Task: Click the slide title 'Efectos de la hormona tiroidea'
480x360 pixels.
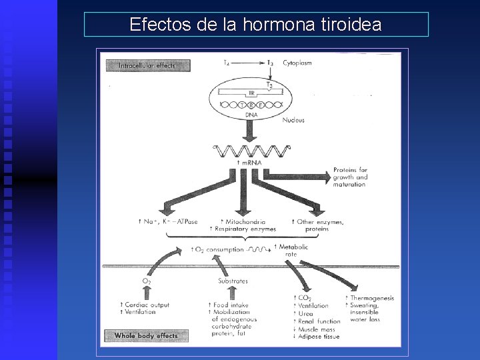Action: point(255,25)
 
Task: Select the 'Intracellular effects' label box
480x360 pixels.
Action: point(145,65)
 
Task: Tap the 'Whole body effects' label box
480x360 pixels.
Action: point(146,335)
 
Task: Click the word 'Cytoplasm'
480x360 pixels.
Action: point(297,63)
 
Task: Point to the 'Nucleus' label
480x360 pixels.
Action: point(293,120)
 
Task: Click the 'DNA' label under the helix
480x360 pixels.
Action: point(251,115)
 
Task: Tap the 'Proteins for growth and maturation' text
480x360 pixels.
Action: point(351,177)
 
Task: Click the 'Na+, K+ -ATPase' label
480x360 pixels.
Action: point(165,221)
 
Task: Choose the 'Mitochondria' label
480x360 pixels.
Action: point(245,221)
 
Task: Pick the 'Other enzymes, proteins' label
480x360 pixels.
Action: point(318,225)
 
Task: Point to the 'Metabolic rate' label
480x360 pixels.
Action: point(295,250)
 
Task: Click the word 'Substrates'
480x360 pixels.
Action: point(233,281)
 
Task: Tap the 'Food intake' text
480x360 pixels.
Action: point(231,305)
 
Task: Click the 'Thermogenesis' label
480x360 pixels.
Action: point(372,298)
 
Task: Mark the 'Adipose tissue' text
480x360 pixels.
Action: point(319,337)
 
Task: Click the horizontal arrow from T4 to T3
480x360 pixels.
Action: point(249,63)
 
